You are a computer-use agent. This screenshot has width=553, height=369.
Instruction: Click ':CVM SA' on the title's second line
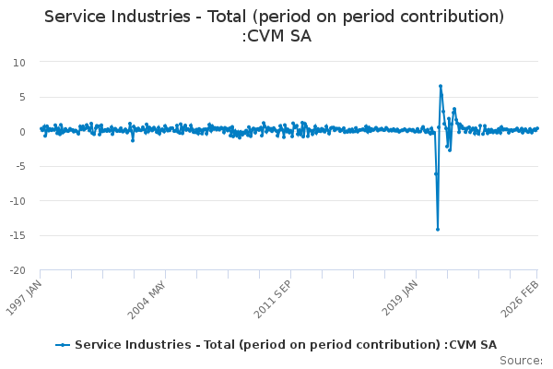[x=276, y=37]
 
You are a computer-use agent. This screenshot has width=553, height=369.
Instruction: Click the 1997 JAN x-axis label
[x=27, y=297]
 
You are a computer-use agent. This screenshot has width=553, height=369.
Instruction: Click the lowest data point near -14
[x=438, y=229]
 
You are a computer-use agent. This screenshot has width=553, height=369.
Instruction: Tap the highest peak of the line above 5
[x=441, y=87]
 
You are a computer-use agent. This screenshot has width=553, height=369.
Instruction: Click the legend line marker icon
[x=63, y=345]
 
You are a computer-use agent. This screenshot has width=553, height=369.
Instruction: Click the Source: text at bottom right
[x=521, y=360]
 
